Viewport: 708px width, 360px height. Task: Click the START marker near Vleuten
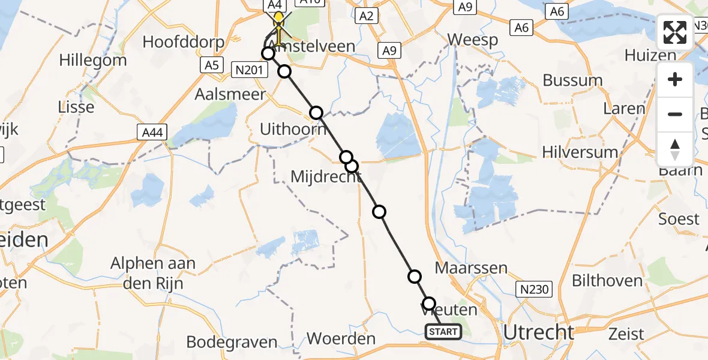(x=443, y=331)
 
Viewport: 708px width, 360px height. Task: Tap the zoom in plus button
(x=675, y=79)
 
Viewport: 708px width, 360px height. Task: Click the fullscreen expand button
(x=675, y=32)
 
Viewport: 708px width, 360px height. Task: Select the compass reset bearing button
(x=675, y=149)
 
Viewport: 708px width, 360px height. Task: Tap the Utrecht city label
(x=538, y=331)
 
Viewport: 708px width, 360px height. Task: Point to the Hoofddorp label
(x=184, y=43)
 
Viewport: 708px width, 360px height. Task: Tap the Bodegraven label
(x=232, y=342)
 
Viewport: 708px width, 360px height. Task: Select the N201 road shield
(x=248, y=71)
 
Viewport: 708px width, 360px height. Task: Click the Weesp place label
(x=473, y=40)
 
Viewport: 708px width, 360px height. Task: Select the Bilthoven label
(x=607, y=280)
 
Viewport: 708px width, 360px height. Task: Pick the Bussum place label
(x=572, y=80)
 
